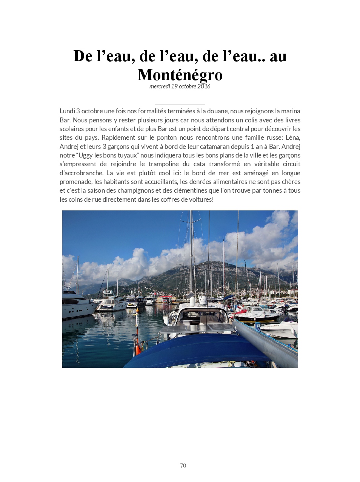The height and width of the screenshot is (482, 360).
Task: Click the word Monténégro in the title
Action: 180,75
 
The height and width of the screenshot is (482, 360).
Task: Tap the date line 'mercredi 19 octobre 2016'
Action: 180,87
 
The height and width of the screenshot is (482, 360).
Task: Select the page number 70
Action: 183,465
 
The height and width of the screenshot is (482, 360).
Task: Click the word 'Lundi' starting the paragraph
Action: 67,111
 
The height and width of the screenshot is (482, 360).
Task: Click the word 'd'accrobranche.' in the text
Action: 81,173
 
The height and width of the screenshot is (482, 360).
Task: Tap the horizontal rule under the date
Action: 180,105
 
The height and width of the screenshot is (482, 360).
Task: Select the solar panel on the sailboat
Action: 196,329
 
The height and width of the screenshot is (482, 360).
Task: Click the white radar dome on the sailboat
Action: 203,301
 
